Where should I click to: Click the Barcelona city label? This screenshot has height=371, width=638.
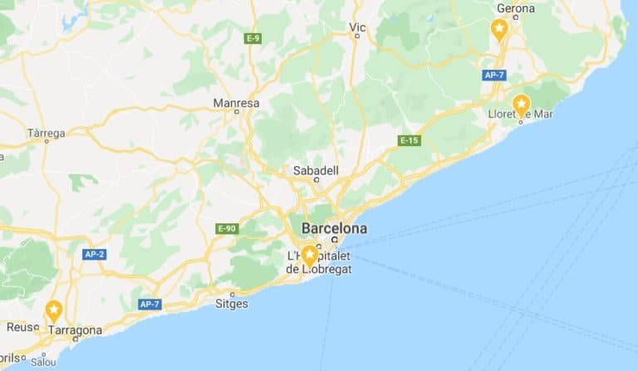click(334, 228)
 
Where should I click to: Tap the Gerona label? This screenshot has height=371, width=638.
click(515, 9)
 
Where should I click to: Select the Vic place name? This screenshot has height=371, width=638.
click(357, 27)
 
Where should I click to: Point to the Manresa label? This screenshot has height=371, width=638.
click(236, 104)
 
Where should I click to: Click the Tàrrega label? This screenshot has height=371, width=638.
click(46, 133)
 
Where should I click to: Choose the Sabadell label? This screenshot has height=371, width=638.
click(316, 170)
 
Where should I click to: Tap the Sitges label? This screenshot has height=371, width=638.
click(231, 304)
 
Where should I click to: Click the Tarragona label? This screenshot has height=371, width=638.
click(75, 330)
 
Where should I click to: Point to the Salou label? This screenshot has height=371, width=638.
click(43, 362)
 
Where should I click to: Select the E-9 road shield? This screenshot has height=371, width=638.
click(253, 38)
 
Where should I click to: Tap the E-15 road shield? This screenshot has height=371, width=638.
click(409, 140)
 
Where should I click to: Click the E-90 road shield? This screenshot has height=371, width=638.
click(226, 228)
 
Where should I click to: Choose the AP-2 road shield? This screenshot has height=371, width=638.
click(94, 254)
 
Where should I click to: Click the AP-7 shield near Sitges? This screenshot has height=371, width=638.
click(150, 304)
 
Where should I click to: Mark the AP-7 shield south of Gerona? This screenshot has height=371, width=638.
click(493, 75)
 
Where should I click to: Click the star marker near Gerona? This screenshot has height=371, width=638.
click(499, 31)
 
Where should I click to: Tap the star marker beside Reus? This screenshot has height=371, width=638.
click(54, 312)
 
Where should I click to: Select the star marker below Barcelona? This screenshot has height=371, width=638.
click(310, 255)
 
